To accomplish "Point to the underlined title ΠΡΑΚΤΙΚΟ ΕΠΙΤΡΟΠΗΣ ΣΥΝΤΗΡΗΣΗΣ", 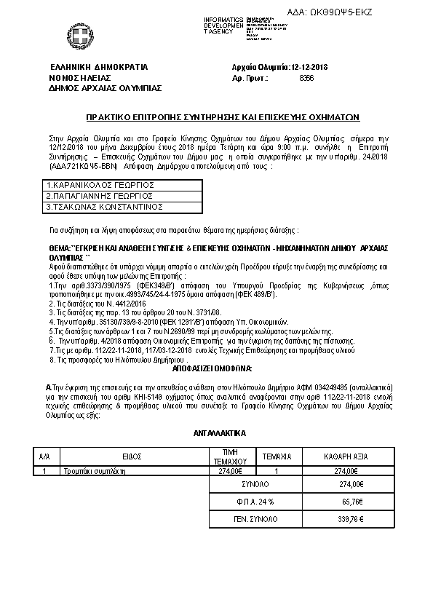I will [213, 117].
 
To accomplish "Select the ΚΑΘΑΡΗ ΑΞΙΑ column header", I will [346, 456].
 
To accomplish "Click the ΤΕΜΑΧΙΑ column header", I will [277, 456].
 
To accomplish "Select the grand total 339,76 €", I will [348, 519].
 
